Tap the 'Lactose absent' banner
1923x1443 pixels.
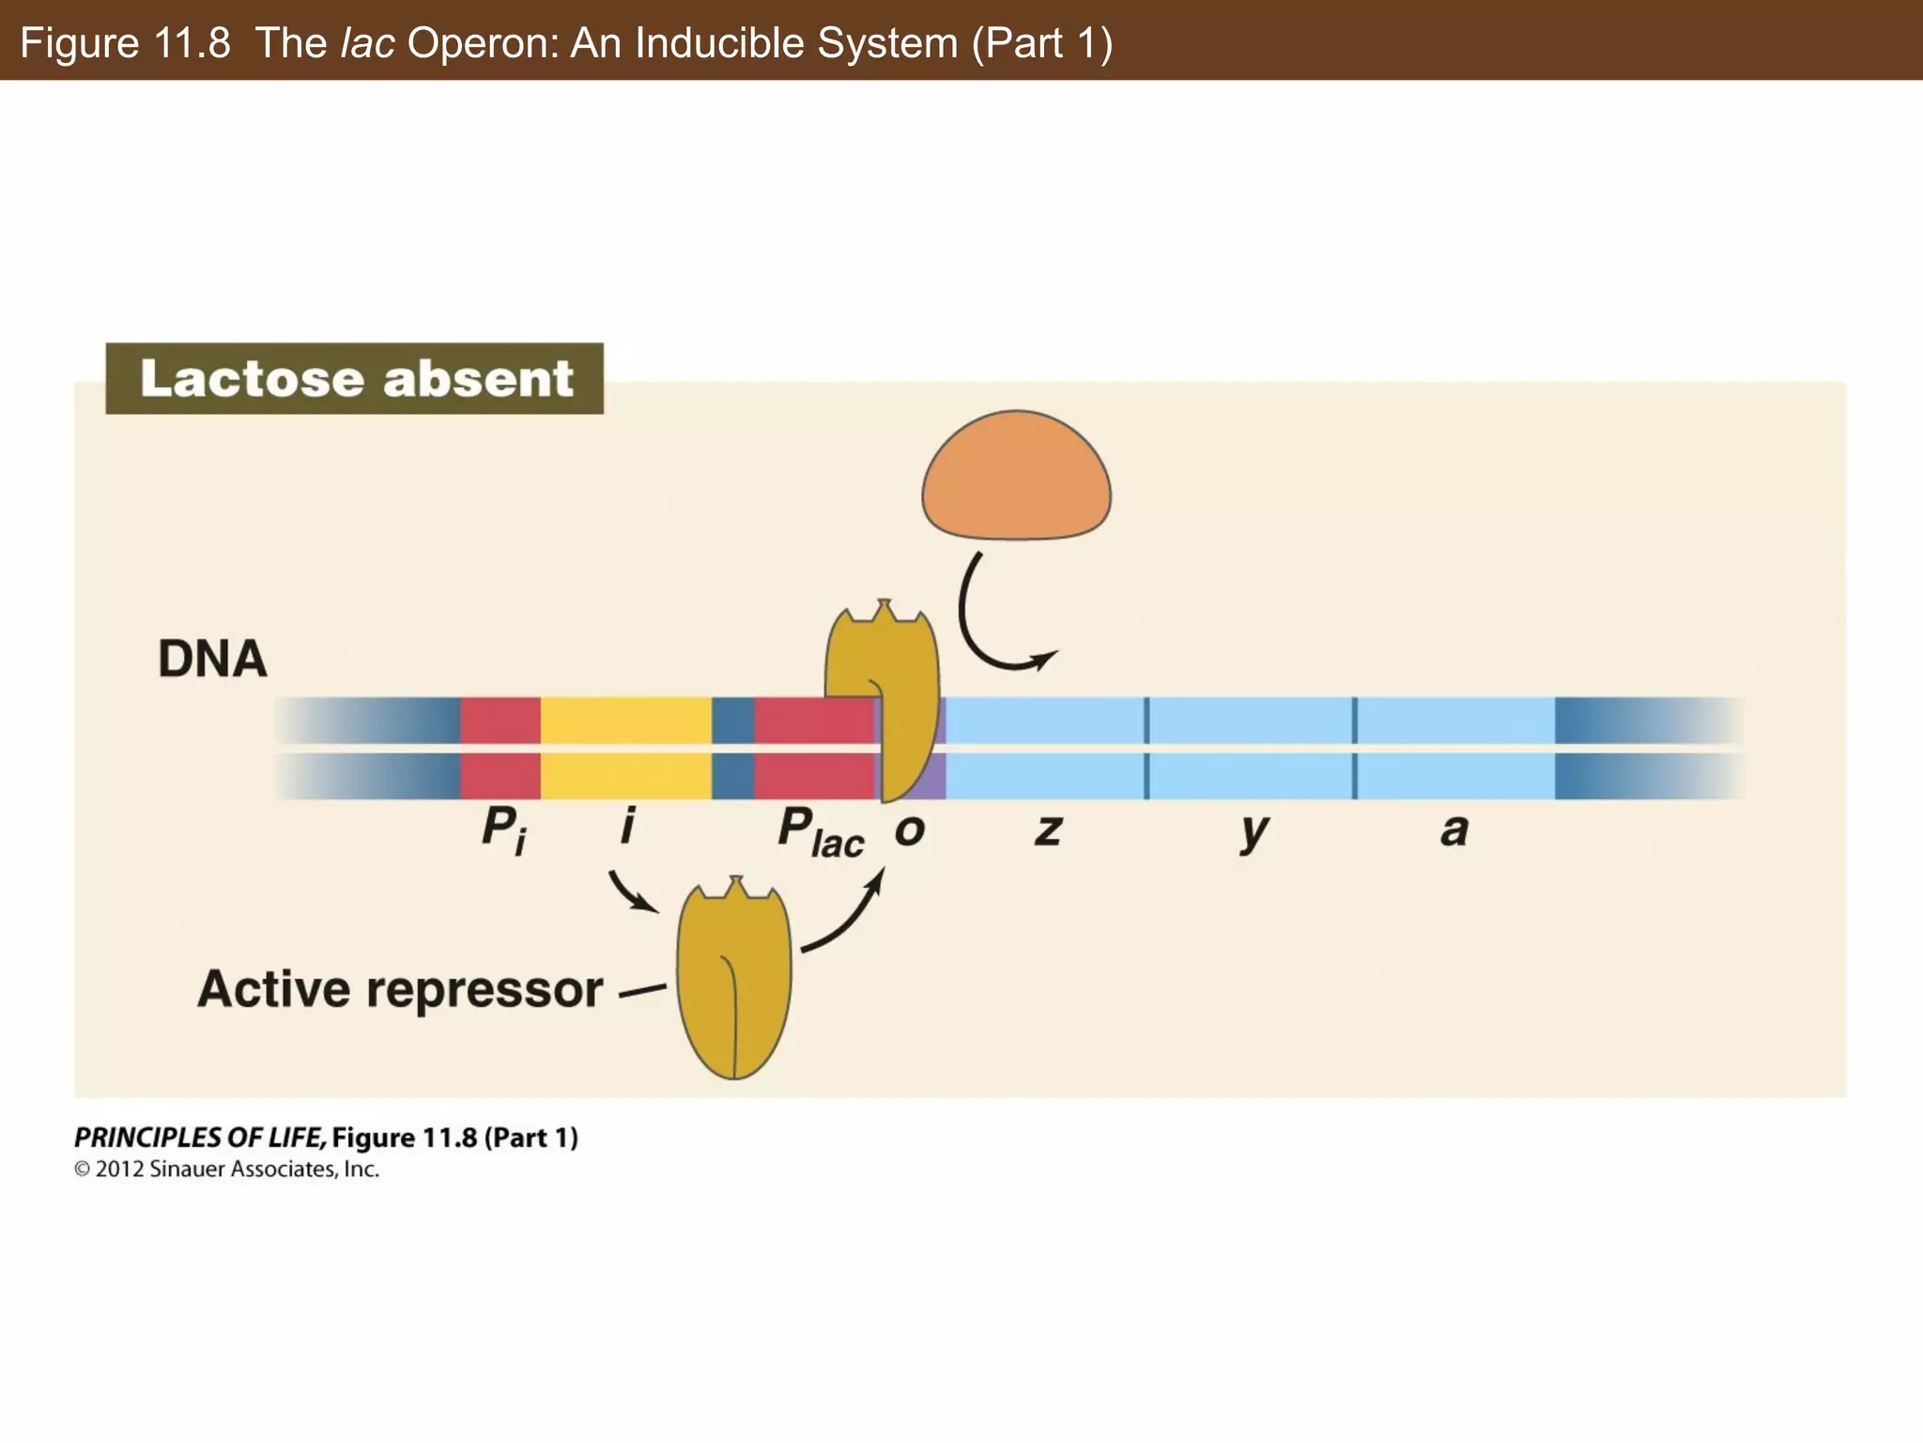point(355,379)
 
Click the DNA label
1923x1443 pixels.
point(212,659)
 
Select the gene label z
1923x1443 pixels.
point(1048,830)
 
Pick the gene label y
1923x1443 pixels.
point(1254,831)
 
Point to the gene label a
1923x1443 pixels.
point(1454,830)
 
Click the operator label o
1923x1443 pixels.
point(909,830)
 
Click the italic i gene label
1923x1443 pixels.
point(627,826)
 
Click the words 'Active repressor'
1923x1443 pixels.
point(400,989)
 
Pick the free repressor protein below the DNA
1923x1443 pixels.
point(734,982)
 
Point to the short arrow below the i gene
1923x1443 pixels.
point(632,892)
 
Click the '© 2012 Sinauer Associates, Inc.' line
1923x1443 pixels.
point(226,1170)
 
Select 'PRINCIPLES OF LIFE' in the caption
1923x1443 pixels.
point(199,1138)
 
